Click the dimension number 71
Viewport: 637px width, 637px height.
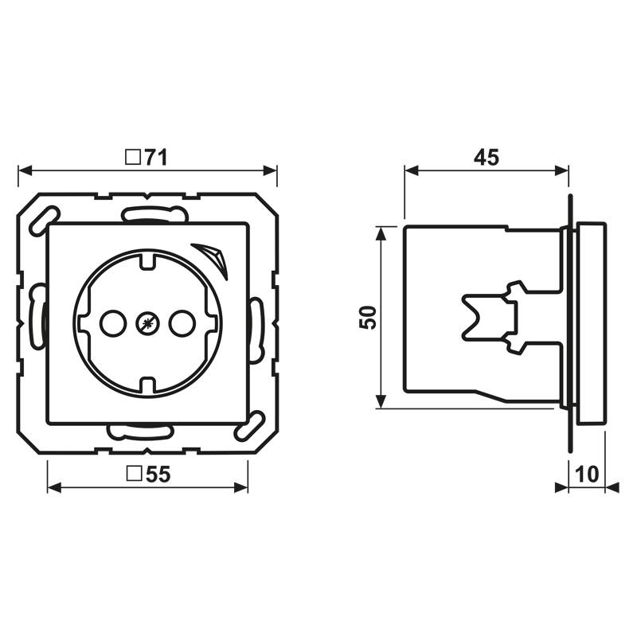click(156, 158)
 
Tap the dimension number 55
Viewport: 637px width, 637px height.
click(158, 475)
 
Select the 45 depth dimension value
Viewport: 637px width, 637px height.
click(486, 158)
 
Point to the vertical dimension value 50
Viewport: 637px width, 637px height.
click(367, 318)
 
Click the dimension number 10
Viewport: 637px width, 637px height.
click(586, 475)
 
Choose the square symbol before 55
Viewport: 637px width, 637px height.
click(135, 475)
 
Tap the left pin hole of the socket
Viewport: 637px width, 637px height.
click(111, 323)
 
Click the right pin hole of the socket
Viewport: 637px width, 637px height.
click(182, 323)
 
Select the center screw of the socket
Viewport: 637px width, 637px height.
click(147, 323)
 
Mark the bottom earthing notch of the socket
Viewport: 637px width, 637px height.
click(148, 387)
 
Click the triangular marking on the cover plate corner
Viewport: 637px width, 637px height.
click(213, 256)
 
